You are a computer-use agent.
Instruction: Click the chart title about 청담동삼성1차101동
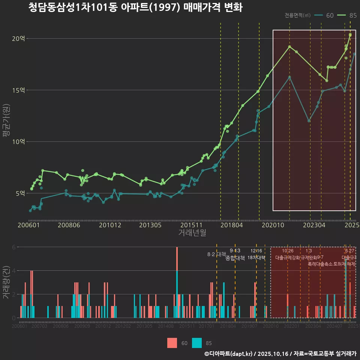(135, 7)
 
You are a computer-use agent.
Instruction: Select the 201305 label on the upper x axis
(150, 225)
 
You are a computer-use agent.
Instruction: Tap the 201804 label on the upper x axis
(231, 225)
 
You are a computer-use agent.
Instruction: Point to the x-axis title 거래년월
(192, 233)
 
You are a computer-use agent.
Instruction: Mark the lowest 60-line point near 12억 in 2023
(309, 121)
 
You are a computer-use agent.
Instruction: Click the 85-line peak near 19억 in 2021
(289, 46)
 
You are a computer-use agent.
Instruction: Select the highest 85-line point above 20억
(350, 35)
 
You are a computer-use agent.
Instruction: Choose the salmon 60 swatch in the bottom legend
(172, 343)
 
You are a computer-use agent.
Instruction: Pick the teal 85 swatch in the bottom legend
(196, 343)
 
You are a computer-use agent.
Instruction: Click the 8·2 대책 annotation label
(216, 254)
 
